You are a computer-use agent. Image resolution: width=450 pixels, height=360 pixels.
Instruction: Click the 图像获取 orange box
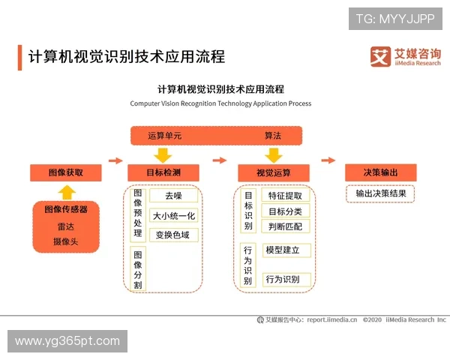[x=66, y=172]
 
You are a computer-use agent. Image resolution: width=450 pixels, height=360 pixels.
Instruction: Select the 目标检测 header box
[x=163, y=172]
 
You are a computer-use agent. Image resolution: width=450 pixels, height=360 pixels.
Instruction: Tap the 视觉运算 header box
[x=273, y=172]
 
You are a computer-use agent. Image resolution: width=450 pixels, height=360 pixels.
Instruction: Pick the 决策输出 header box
[x=380, y=172]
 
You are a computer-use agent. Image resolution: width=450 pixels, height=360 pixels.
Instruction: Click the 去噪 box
[x=173, y=196]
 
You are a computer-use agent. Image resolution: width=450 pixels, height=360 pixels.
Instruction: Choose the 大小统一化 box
[x=173, y=216]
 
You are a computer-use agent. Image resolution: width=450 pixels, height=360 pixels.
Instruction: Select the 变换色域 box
[x=173, y=235]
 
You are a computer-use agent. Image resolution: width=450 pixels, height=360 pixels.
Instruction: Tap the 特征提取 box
[x=284, y=196]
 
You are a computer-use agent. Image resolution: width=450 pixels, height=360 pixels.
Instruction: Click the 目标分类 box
[x=284, y=211]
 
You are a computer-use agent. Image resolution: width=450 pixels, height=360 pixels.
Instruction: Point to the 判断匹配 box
[x=284, y=226]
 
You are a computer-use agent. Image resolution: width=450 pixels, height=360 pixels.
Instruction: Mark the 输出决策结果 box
[x=380, y=193]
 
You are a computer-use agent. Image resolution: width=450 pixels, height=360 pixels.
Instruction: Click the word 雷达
[x=66, y=226]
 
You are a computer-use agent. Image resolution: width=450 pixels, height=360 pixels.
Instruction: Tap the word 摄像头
[x=66, y=241]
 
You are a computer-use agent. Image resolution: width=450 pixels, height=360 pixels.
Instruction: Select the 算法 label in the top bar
[x=272, y=136]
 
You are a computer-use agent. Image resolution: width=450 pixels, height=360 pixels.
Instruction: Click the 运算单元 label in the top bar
[x=164, y=136]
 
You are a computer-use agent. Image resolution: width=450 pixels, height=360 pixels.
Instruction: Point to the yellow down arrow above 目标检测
[x=163, y=154]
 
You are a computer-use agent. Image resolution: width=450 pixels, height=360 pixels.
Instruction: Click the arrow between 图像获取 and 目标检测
[x=115, y=160]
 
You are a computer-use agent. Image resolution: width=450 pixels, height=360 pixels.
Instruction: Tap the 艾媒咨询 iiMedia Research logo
[x=406, y=57]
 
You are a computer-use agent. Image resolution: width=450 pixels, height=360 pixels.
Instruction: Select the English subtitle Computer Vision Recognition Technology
[x=220, y=103]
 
